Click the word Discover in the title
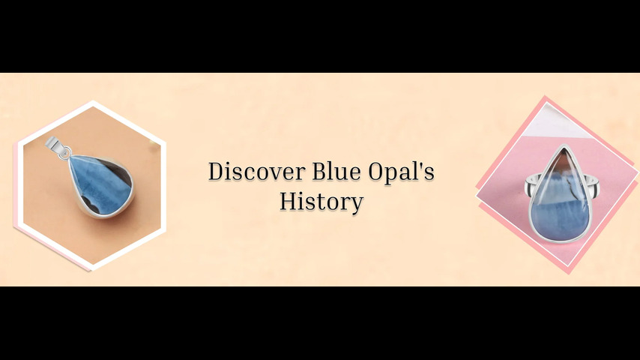pyautogui.click(x=257, y=171)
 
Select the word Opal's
pyautogui.click(x=401, y=172)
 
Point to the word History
pyautogui.click(x=321, y=202)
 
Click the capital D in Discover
pyautogui.click(x=217, y=171)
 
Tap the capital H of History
pyautogui.click(x=289, y=202)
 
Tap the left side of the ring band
pyautogui.click(x=532, y=185)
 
